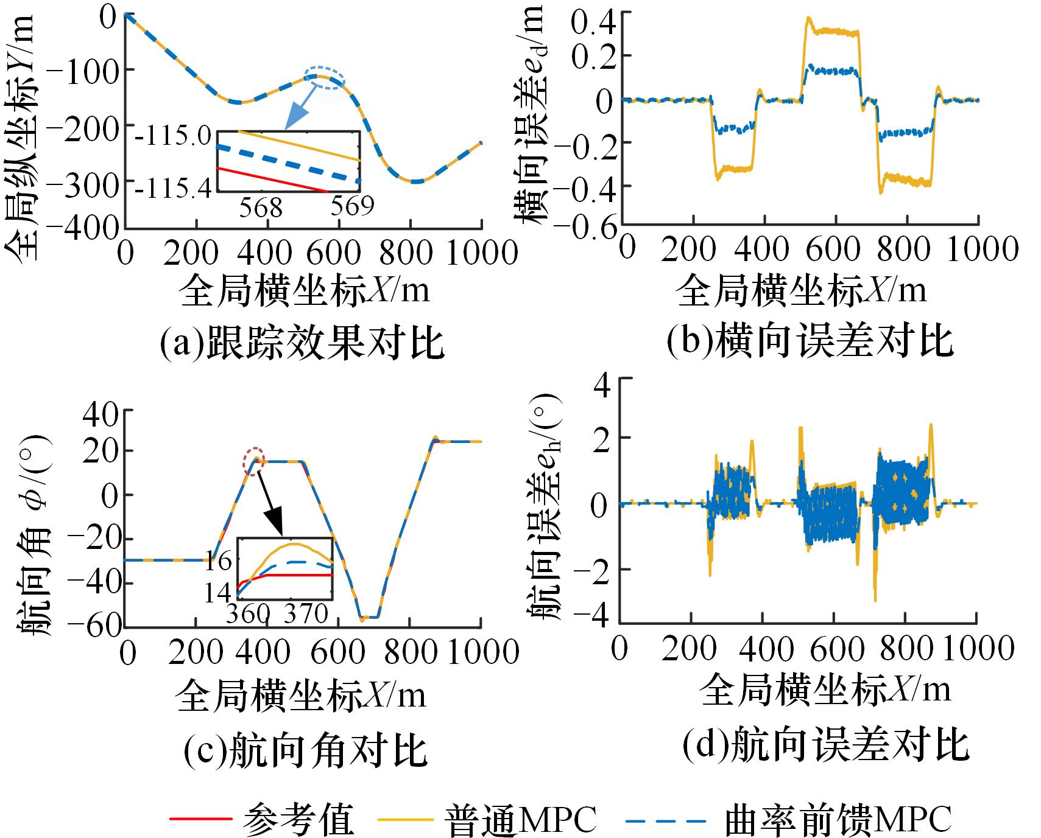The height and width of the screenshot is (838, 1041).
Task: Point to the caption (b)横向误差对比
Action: (x=810, y=343)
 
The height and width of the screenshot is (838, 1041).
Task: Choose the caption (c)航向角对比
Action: (x=305, y=750)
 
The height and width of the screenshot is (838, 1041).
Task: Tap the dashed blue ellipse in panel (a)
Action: (x=325, y=78)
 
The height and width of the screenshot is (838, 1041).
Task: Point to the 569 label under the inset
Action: (x=351, y=207)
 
